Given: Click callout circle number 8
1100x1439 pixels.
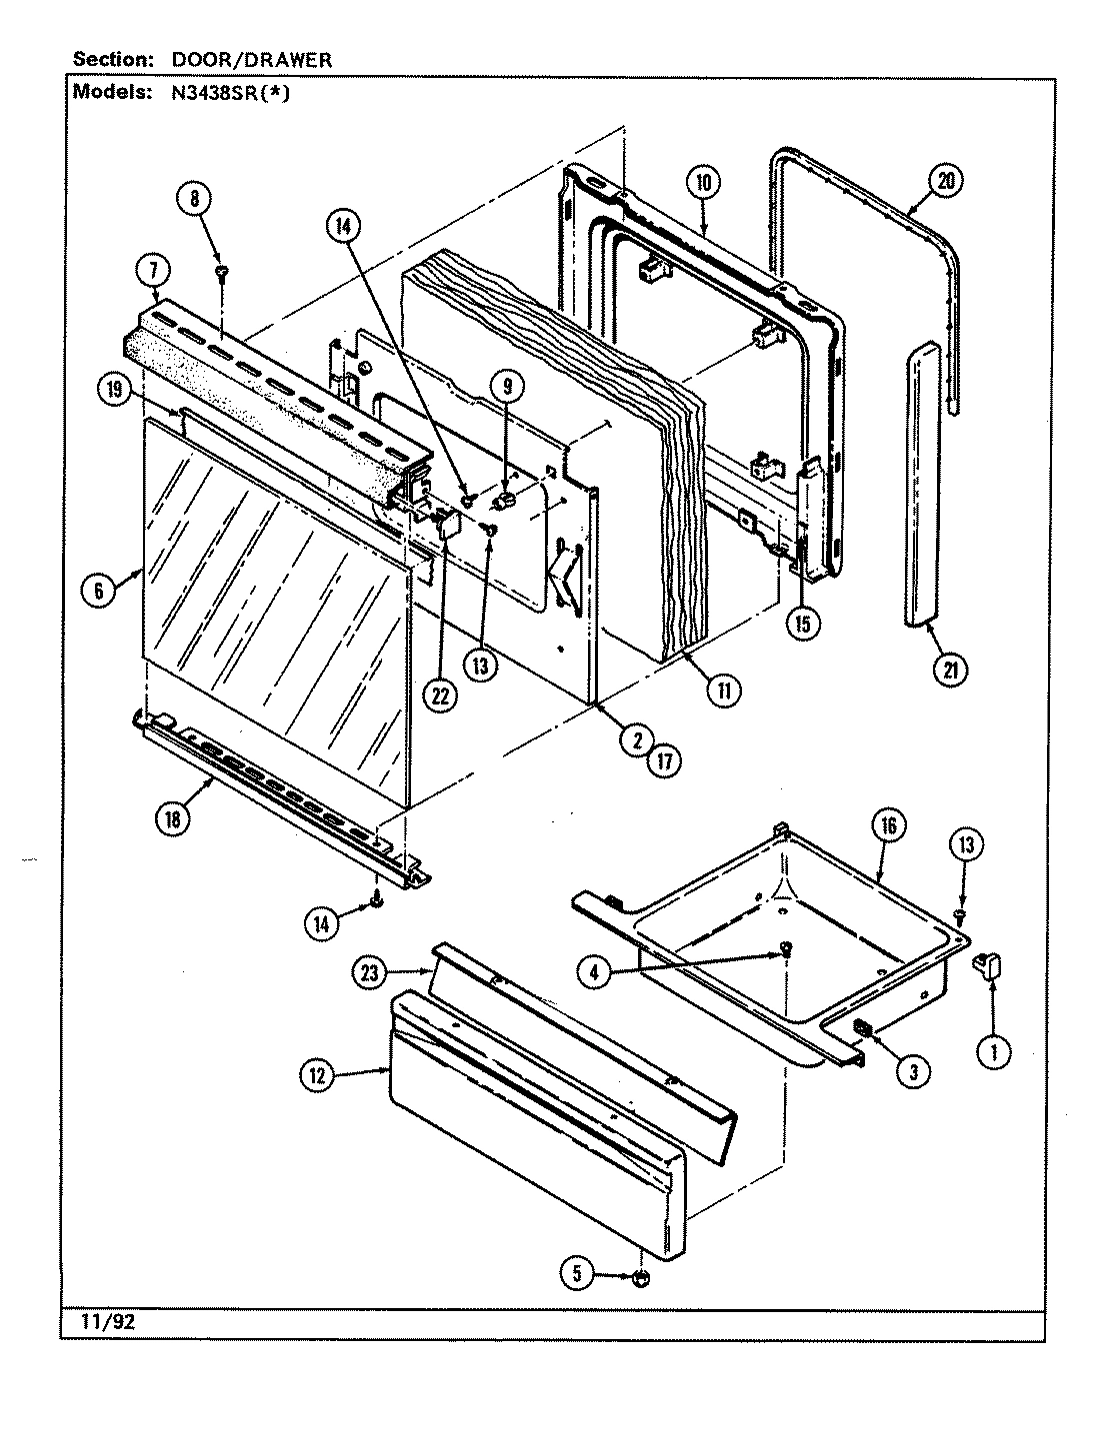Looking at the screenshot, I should tap(195, 199).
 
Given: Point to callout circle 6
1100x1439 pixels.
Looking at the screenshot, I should tap(99, 591).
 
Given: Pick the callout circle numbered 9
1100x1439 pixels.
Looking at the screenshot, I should tap(507, 384).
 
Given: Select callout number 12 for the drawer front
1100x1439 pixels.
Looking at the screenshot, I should tap(318, 1076).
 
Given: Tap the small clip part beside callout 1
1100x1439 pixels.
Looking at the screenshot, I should tap(990, 964).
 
